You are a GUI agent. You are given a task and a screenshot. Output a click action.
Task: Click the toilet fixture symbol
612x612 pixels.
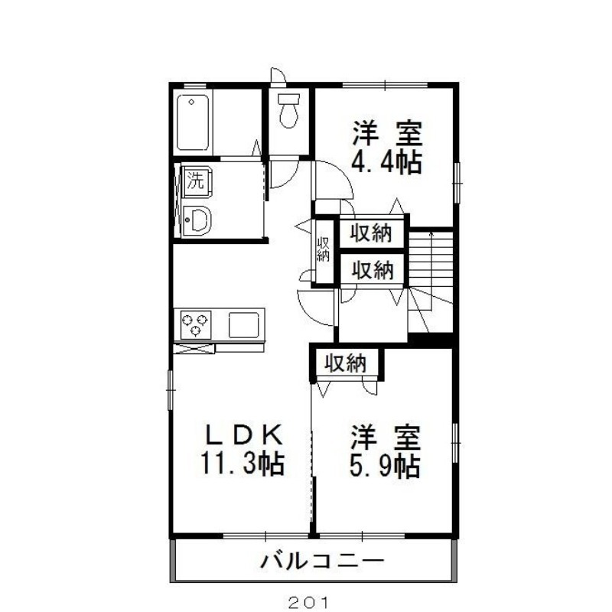288,110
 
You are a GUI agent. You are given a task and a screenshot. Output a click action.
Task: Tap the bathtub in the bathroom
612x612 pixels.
193,122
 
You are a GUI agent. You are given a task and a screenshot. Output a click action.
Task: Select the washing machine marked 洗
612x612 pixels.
198,181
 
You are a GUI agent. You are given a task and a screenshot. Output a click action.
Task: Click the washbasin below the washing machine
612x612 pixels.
197,221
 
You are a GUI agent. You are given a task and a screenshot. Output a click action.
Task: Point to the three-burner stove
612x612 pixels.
196,324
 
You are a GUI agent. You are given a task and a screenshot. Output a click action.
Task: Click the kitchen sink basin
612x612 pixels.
243,324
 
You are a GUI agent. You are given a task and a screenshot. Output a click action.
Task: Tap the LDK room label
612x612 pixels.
244,435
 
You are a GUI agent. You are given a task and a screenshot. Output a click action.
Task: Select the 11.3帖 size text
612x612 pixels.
243,463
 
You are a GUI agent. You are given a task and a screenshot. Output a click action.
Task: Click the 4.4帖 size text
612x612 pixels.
386,162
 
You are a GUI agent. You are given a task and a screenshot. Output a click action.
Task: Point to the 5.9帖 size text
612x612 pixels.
385,466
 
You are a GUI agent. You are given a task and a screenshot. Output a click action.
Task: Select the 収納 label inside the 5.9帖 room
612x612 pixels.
346,364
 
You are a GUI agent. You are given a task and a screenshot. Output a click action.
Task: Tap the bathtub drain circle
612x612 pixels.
191,103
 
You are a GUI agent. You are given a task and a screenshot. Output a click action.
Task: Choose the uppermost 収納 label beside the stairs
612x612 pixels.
370,233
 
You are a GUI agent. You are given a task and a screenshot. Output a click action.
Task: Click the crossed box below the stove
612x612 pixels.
194,348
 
